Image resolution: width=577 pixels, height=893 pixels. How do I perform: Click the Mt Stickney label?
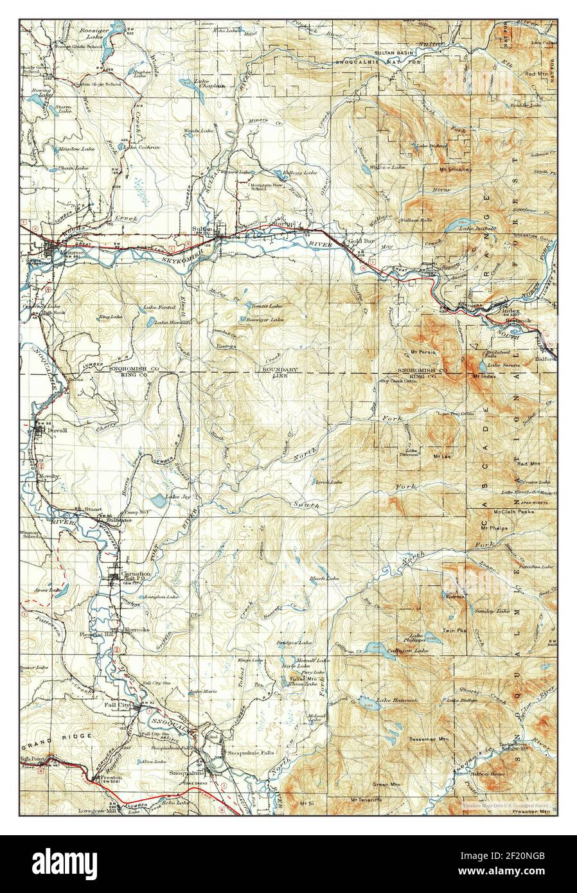tap(456, 170)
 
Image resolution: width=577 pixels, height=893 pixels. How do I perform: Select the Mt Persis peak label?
tap(424, 352)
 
